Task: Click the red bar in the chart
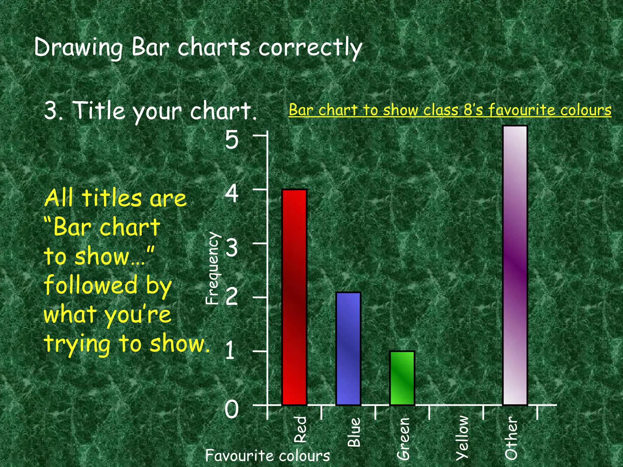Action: (x=294, y=297)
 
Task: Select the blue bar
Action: (x=348, y=348)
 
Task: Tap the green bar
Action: (x=402, y=378)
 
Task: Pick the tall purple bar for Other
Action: (x=515, y=265)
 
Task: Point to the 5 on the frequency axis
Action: (x=231, y=140)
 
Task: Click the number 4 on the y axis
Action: (x=232, y=194)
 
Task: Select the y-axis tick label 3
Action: (x=232, y=248)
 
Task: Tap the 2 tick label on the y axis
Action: (x=232, y=297)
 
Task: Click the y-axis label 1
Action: (x=230, y=351)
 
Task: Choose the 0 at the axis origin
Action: (x=231, y=409)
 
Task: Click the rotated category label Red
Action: (x=300, y=429)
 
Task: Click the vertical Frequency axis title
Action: (x=212, y=268)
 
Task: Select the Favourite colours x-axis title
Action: (x=267, y=455)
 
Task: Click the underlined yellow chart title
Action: (x=450, y=110)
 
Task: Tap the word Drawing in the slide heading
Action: (x=78, y=48)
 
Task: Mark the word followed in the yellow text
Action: (x=91, y=285)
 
